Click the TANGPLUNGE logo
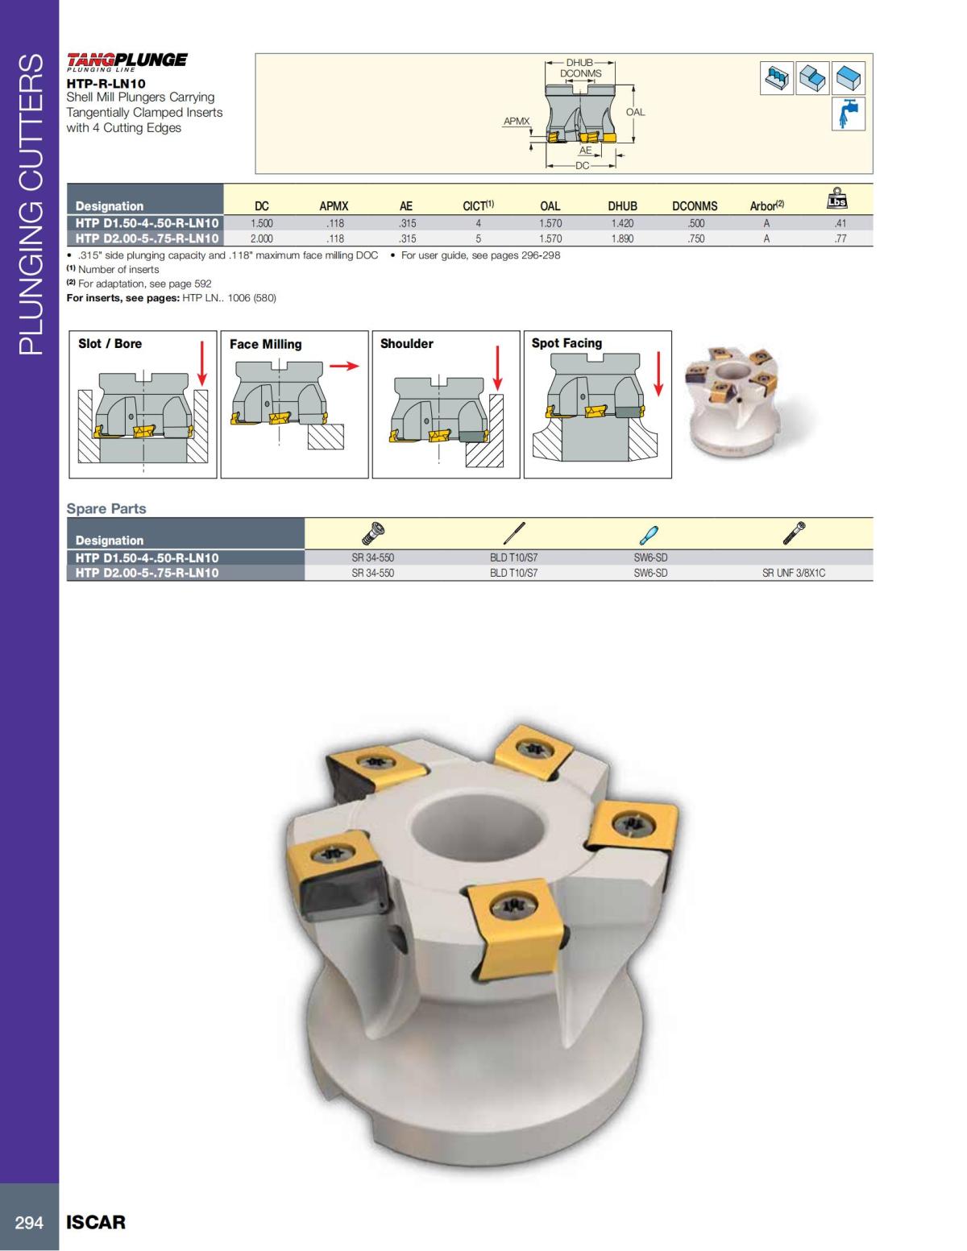point(127,60)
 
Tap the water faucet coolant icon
point(849,114)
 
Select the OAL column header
point(550,206)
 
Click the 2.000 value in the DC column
point(262,238)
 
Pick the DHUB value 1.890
point(621,238)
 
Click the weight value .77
point(840,238)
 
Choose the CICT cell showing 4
point(478,223)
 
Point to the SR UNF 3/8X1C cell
point(794,573)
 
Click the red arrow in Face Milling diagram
point(343,366)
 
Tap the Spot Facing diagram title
point(567,343)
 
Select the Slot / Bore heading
point(110,343)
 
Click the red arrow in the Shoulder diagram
point(498,367)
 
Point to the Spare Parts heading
point(106,508)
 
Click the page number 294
point(29,1222)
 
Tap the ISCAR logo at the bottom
point(96,1222)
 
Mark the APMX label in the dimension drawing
point(517,121)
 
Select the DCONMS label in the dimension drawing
point(580,73)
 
